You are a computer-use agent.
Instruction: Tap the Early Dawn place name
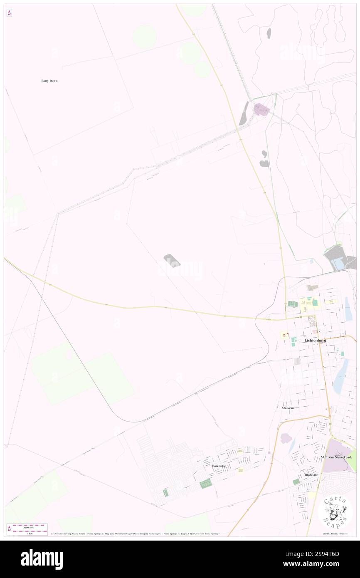point(49,81)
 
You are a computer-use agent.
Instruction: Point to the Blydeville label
point(311,474)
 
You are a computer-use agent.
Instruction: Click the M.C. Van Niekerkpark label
point(336,457)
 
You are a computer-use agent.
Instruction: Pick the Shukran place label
point(288,408)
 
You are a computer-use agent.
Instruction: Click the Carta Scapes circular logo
point(335,511)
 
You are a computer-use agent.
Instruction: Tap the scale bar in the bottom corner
point(27,529)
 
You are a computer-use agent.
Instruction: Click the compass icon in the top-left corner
point(9,13)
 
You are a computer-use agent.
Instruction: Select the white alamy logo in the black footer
point(42,559)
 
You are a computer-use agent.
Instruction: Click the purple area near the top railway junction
point(261,109)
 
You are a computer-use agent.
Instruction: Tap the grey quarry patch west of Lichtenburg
point(172,260)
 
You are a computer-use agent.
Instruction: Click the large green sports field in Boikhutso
point(205,484)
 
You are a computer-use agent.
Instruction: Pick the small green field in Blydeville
point(296,482)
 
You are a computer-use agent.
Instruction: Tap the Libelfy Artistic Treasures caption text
point(337,534)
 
